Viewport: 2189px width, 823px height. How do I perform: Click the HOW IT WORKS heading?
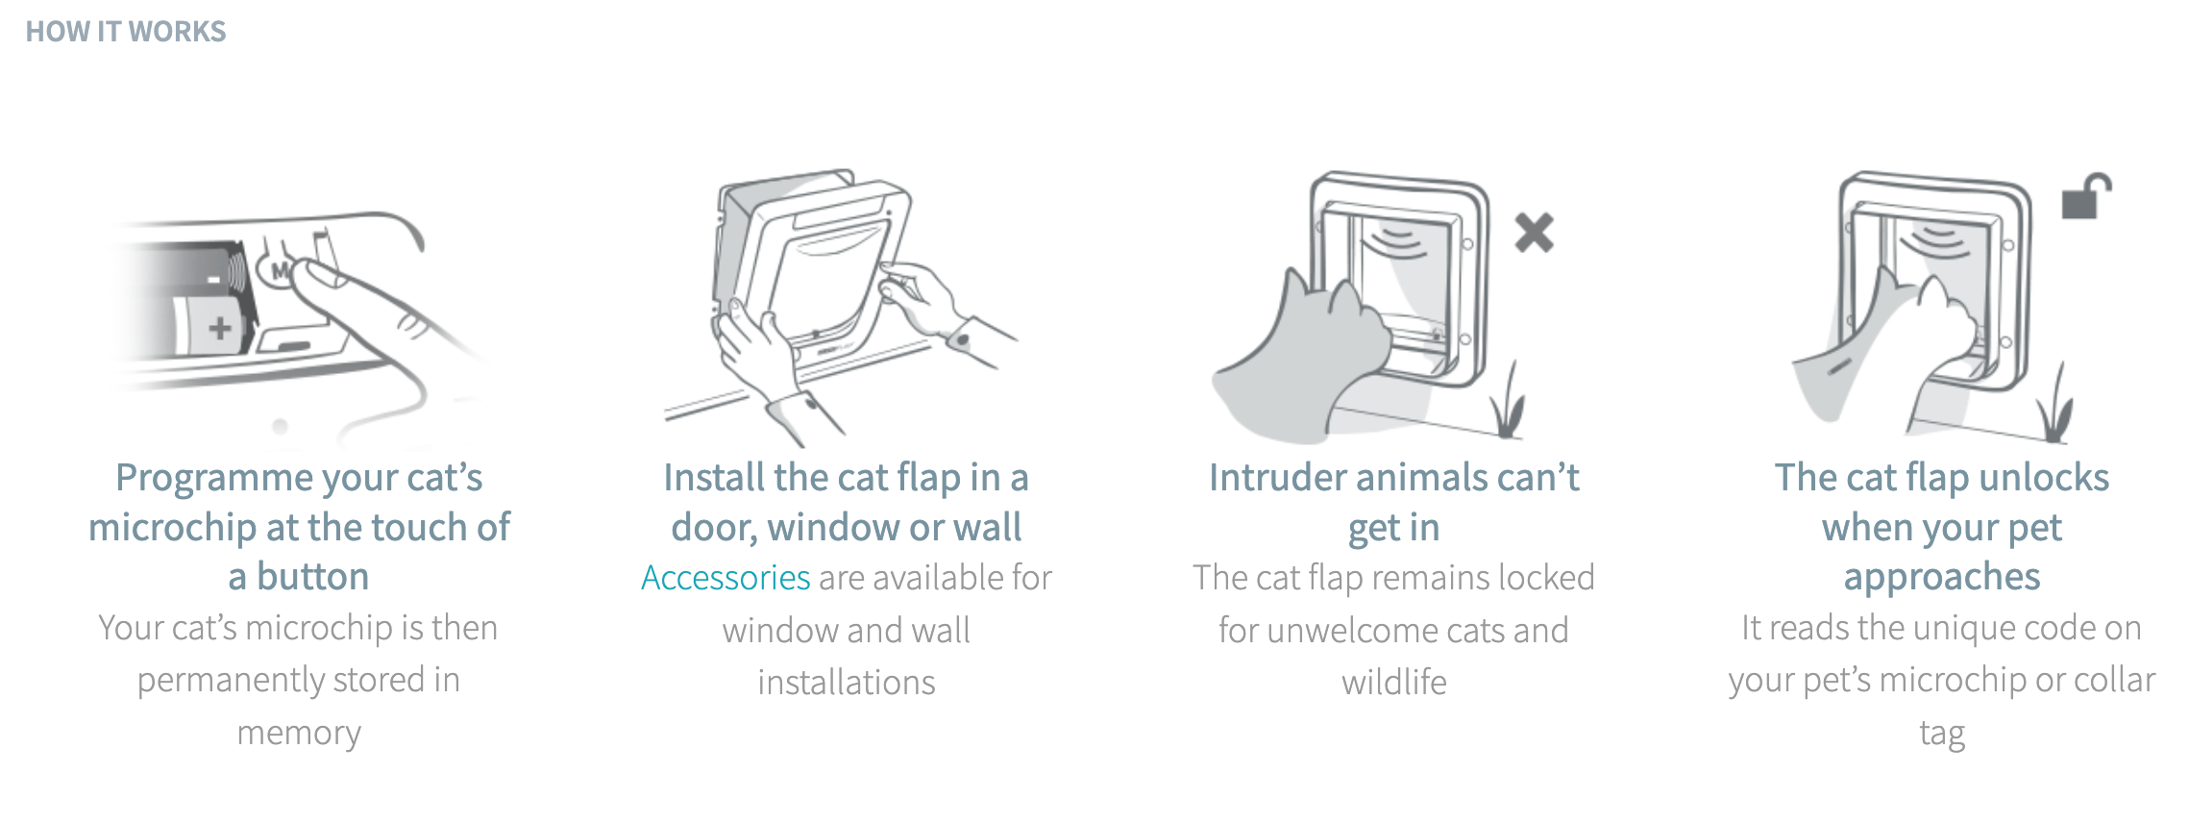pyautogui.click(x=126, y=32)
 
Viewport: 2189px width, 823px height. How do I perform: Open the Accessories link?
pyautogui.click(x=726, y=578)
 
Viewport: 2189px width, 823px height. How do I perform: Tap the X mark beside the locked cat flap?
pyautogui.click(x=1534, y=232)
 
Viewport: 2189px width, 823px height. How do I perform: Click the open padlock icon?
pyautogui.click(x=2086, y=196)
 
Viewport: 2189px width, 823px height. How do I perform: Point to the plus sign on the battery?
pyautogui.click(x=220, y=328)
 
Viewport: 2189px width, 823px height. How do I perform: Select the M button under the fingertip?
pyautogui.click(x=280, y=271)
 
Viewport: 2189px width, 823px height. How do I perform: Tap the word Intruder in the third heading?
pyautogui.click(x=1273, y=477)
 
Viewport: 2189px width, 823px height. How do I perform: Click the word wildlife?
pyautogui.click(x=1394, y=683)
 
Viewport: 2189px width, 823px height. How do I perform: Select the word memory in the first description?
pyautogui.click(x=299, y=734)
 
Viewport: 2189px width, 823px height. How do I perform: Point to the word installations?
pyautogui.click(x=847, y=683)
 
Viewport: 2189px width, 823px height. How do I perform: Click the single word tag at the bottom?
pyautogui.click(x=1942, y=734)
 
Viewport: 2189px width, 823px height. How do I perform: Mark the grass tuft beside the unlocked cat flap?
pyautogui.click(x=2055, y=404)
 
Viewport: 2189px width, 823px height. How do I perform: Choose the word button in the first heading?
pyautogui.click(x=312, y=577)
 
